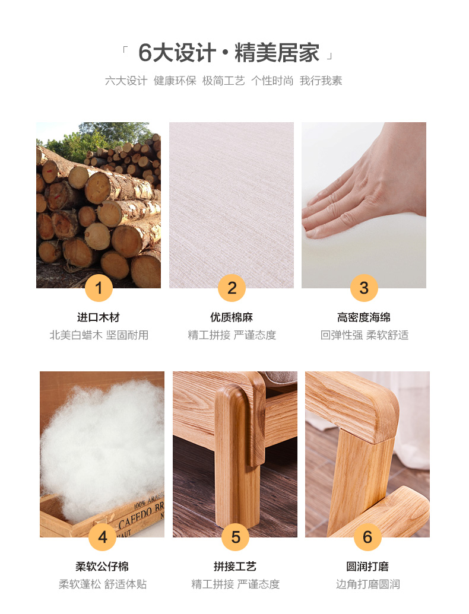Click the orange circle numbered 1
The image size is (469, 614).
coord(99,288)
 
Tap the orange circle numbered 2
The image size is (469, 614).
coord(232,288)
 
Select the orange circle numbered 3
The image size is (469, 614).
coord(364,288)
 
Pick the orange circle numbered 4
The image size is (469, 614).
coord(102,537)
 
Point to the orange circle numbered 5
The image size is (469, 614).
coord(235,537)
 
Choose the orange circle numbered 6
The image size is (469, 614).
coord(367,537)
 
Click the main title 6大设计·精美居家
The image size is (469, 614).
coord(229,53)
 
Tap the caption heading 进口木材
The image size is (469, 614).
coord(99,317)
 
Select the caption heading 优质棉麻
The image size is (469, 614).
coord(232,317)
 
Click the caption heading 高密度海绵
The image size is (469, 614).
coord(364,317)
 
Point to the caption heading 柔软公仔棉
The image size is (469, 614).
coord(102,566)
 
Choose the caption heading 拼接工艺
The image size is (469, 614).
coord(235,566)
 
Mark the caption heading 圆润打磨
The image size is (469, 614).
coord(367,566)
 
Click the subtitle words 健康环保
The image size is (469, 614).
coord(175,81)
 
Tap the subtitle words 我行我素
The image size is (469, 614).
coord(321,81)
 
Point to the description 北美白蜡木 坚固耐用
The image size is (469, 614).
coord(99,335)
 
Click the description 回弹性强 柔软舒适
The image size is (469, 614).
coord(365,335)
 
